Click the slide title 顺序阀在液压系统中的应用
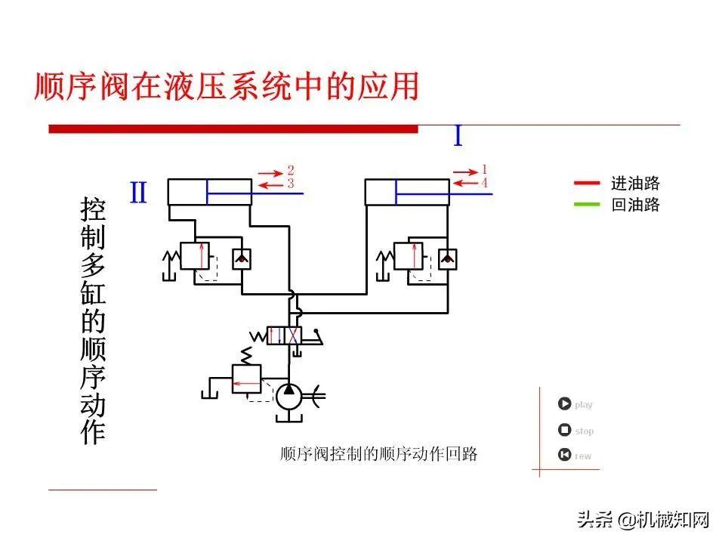(227, 86)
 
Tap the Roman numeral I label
(458, 136)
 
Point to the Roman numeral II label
(138, 193)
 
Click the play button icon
(564, 404)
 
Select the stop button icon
(564, 431)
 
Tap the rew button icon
(564, 455)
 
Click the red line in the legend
(587, 183)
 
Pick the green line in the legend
(587, 204)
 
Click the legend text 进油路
(635, 183)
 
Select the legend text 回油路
(635, 205)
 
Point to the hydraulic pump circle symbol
(288, 395)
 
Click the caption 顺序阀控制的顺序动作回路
(378, 454)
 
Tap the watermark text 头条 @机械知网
(643, 520)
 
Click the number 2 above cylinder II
(291, 170)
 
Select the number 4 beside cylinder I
(484, 183)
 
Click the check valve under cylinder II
(242, 258)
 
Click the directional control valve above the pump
(285, 335)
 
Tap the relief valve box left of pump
(245, 377)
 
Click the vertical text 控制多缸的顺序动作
(93, 321)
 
